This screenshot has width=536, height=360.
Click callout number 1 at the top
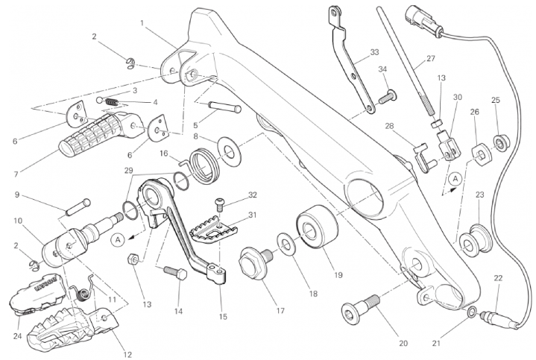[142, 23]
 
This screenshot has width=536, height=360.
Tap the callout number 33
[374, 53]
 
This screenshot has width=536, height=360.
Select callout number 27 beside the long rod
[430, 60]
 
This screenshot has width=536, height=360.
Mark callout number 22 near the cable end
[498, 278]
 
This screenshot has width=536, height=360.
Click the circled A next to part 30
[454, 179]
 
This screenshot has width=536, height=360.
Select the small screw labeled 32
[221, 202]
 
